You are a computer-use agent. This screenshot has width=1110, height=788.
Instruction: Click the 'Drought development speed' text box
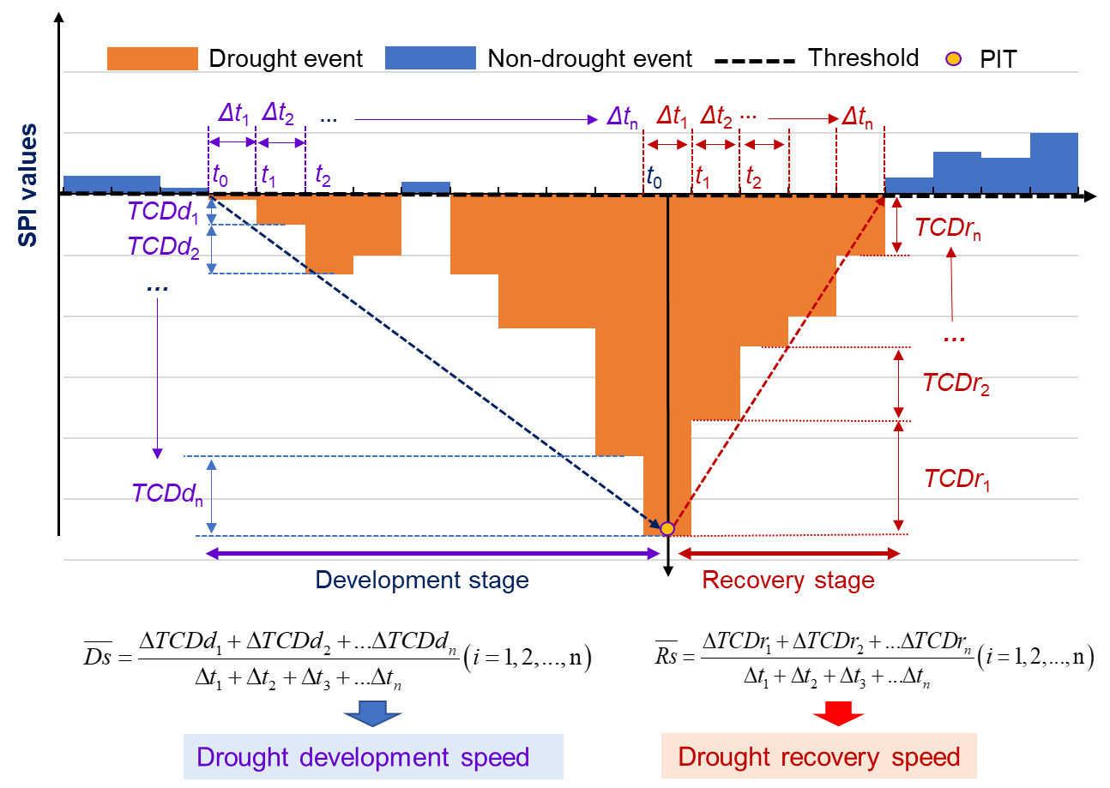coord(373,756)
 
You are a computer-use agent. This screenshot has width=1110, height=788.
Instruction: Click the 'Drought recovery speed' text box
coord(818,756)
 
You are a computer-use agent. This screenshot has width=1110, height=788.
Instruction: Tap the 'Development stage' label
coord(422,580)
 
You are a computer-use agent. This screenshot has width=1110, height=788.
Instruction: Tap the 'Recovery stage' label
coord(788,580)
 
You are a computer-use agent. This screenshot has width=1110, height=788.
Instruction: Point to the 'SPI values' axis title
coord(28,184)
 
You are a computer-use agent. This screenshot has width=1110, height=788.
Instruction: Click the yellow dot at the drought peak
coord(667,528)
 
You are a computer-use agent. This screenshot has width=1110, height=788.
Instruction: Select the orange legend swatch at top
coord(153,58)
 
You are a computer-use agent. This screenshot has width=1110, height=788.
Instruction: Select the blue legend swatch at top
coord(430,57)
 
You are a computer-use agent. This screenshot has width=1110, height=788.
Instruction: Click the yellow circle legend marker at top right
coord(953,59)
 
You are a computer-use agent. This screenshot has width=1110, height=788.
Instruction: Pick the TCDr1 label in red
coord(957,478)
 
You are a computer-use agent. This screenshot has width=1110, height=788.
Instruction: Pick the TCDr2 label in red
coord(956,383)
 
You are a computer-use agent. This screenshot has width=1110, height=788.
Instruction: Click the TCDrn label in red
coord(948,228)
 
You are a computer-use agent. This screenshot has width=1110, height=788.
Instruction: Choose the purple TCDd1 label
coord(163,211)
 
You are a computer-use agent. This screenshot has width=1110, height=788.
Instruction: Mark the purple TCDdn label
coord(168,493)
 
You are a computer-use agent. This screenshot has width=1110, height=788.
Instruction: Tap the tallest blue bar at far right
coord(1053,161)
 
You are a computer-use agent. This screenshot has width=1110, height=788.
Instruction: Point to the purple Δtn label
coord(622,117)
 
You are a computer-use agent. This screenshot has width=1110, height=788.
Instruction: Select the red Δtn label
coord(858,117)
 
